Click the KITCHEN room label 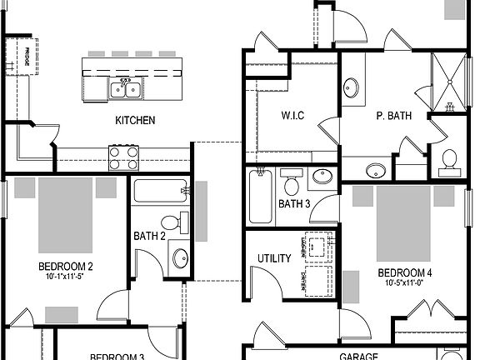coord(135,121)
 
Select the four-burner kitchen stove coord(123,157)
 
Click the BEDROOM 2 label coord(65,267)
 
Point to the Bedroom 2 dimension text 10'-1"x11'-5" coord(65,277)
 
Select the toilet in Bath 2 coord(172,223)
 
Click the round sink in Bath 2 coord(181,257)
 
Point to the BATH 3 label coord(294,204)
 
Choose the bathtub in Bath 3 coord(259,197)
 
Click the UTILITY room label coord(274,258)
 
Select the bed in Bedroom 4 coord(405,223)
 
